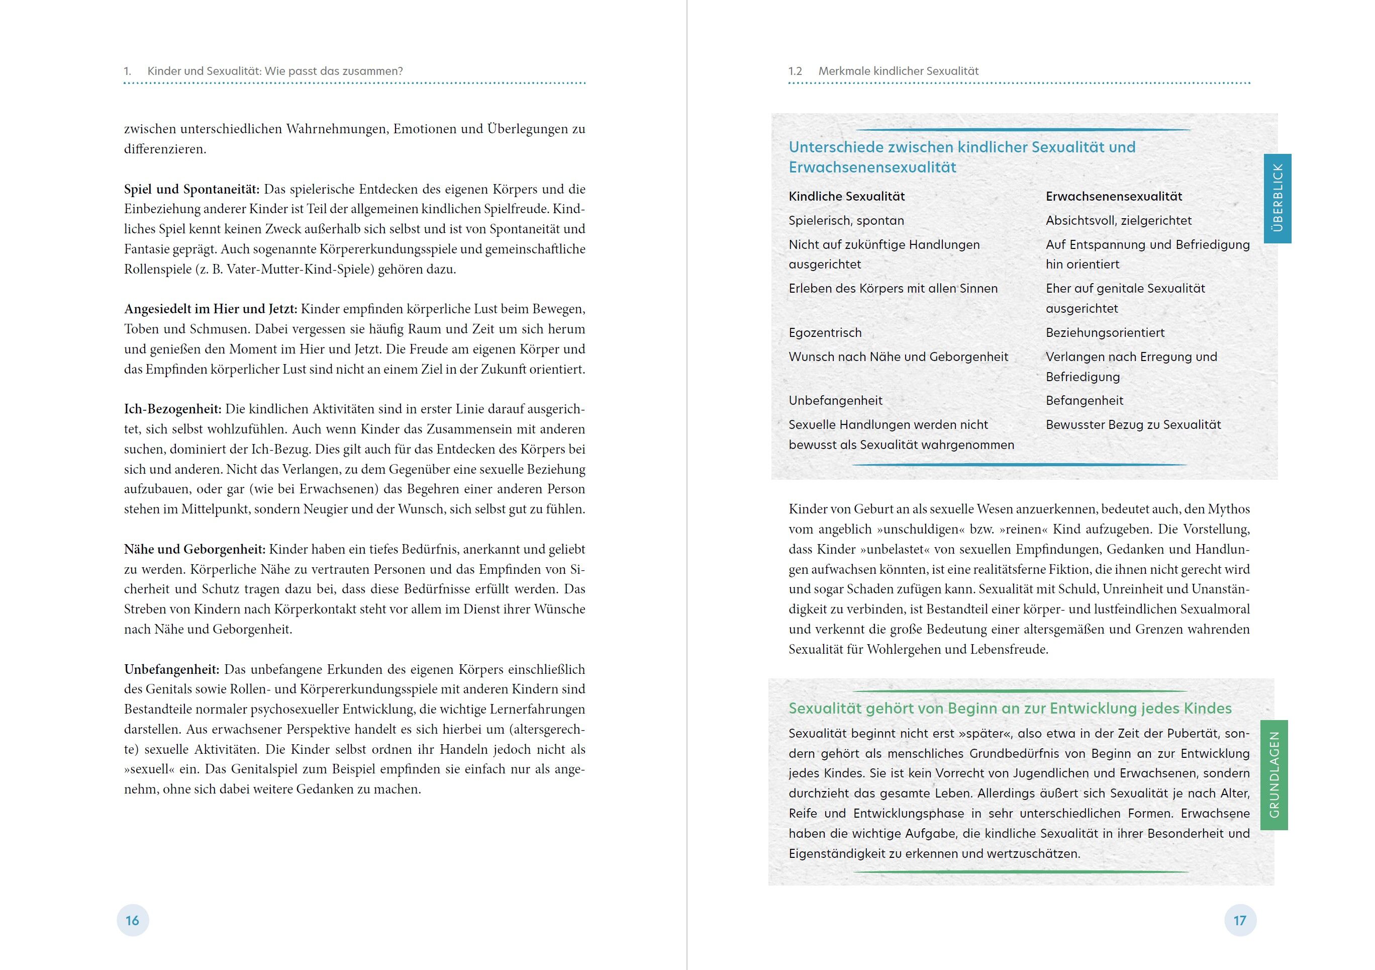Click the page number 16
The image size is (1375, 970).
tap(132, 920)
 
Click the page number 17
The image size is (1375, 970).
tap(1240, 920)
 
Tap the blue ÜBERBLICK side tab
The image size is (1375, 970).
tap(1278, 198)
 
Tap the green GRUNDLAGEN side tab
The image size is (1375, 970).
tap(1274, 775)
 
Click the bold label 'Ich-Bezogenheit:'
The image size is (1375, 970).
tap(172, 409)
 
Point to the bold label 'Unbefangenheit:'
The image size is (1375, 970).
tap(172, 669)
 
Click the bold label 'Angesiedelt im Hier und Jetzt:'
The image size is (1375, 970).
tap(210, 309)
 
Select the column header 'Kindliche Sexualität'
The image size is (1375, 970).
tap(846, 197)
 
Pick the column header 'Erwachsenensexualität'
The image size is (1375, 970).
tap(1114, 197)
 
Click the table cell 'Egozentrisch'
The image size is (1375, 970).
tap(825, 332)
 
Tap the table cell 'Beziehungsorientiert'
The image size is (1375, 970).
tap(1105, 332)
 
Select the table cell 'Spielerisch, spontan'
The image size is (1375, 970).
tap(846, 220)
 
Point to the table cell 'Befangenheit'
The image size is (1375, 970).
tap(1084, 400)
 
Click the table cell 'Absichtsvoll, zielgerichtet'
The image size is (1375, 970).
tap(1118, 220)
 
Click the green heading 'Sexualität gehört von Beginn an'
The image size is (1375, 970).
tap(1010, 708)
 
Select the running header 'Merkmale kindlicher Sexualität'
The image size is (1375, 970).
tap(898, 71)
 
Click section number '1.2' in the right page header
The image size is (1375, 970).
tap(795, 71)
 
